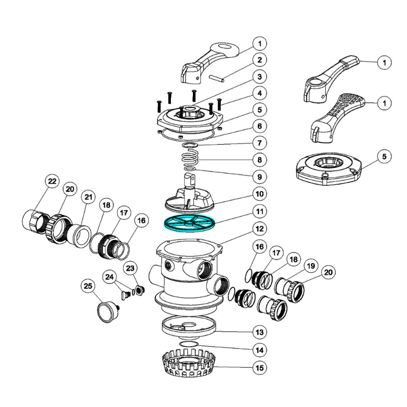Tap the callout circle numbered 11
pyautogui.click(x=259, y=210)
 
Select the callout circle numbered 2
pyautogui.click(x=259, y=60)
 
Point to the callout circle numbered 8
pyautogui.click(x=259, y=160)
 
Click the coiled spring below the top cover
pyautogui.click(x=190, y=158)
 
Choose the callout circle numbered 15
pyautogui.click(x=259, y=367)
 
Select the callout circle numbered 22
pyautogui.click(x=52, y=182)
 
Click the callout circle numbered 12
pyautogui.click(x=259, y=227)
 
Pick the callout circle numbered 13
pyautogui.click(x=259, y=333)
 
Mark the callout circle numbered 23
pyautogui.click(x=130, y=268)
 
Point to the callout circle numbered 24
pyautogui.click(x=109, y=277)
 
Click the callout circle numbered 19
pyautogui.click(x=310, y=266)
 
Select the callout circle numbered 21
pyautogui.click(x=89, y=197)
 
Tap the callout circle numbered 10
pyautogui.click(x=259, y=193)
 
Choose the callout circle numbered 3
pyautogui.click(x=259, y=77)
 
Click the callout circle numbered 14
pyautogui.click(x=259, y=350)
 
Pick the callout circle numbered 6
pyautogui.click(x=259, y=126)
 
